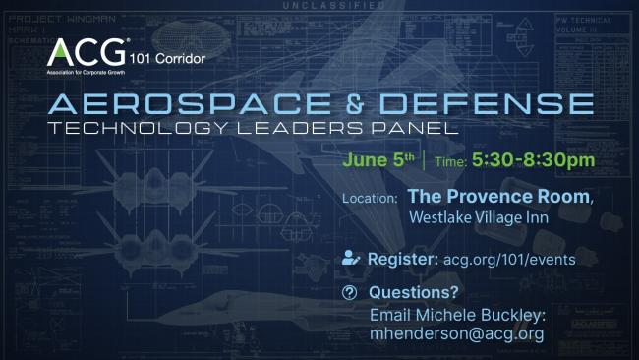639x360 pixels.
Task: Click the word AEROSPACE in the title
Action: coord(201,104)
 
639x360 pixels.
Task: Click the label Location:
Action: coord(370,199)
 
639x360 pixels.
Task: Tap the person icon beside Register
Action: coord(350,260)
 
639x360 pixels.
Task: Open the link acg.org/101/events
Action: coord(506,260)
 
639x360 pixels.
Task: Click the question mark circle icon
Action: coord(350,293)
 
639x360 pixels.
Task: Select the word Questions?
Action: coord(406,293)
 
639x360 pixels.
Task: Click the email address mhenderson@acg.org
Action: coord(456,333)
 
